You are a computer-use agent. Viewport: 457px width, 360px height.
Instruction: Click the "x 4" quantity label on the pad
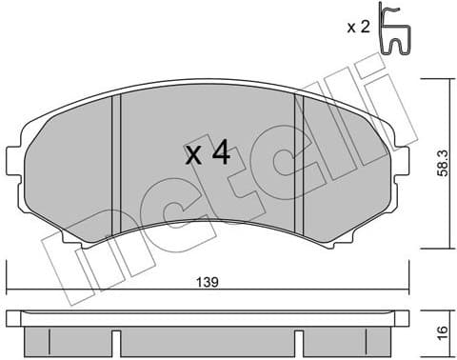(x=206, y=153)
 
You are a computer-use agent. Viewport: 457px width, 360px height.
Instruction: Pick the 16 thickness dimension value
(x=441, y=334)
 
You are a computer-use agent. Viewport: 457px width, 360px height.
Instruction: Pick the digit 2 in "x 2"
(x=365, y=27)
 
